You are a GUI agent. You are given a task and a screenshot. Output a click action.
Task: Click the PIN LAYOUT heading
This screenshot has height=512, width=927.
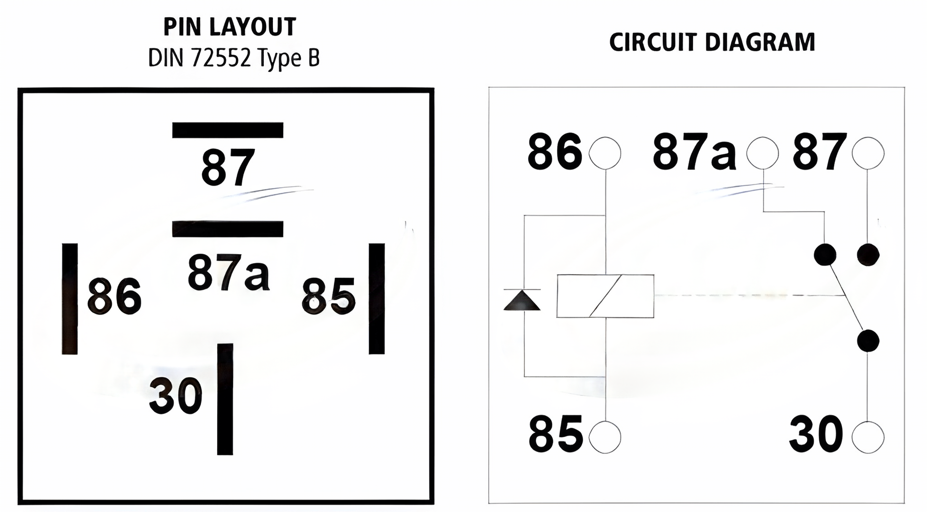[x=230, y=27]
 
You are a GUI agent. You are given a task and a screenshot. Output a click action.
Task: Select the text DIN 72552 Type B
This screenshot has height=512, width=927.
[x=233, y=58]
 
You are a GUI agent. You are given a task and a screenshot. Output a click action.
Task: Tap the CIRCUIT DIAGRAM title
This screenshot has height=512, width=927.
[x=712, y=42]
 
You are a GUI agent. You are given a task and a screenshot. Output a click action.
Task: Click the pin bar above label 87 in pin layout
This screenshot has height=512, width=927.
[x=228, y=130]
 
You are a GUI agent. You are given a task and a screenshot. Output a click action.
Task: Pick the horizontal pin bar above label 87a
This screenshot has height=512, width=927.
[x=228, y=228]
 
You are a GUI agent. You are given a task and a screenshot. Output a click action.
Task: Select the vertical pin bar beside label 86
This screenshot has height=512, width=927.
[x=70, y=298]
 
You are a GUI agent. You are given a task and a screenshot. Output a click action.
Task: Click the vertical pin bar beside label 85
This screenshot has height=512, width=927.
[x=376, y=298]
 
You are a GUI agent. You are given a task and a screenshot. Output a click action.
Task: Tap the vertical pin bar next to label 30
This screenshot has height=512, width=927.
[x=225, y=399]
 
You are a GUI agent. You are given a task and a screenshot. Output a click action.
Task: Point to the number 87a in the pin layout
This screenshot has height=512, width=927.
[x=228, y=272]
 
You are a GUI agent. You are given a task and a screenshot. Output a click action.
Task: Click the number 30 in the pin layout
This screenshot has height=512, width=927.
[x=176, y=396]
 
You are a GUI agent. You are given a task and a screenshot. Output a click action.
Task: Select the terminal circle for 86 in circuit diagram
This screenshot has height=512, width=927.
[x=605, y=153]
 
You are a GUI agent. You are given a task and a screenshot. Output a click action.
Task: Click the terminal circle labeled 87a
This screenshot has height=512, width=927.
[x=762, y=153]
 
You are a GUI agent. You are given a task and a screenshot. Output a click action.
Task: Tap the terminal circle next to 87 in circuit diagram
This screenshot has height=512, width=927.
[x=868, y=153]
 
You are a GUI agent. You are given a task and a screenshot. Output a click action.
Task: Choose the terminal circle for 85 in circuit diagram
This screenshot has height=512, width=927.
[x=605, y=437]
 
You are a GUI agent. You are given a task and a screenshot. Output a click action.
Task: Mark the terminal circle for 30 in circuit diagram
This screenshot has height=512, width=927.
[x=868, y=437]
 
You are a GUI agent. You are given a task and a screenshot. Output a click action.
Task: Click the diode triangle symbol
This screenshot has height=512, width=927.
[x=522, y=301]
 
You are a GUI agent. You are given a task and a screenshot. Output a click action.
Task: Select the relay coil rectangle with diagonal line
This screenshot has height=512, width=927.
[x=605, y=295]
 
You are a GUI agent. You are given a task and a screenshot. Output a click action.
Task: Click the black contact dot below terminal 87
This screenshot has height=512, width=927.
[x=868, y=254]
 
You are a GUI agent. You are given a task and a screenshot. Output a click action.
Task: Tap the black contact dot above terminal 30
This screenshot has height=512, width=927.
[x=868, y=341]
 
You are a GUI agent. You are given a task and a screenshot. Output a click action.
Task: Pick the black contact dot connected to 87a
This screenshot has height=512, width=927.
[x=825, y=254]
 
